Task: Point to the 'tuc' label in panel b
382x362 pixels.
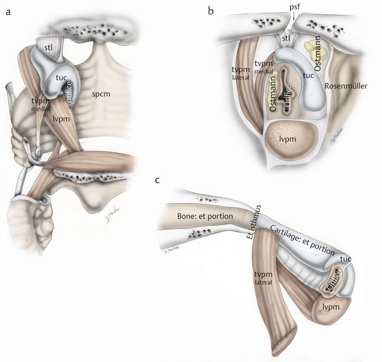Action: tap(309, 75)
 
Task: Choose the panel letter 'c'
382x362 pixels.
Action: tap(157, 180)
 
